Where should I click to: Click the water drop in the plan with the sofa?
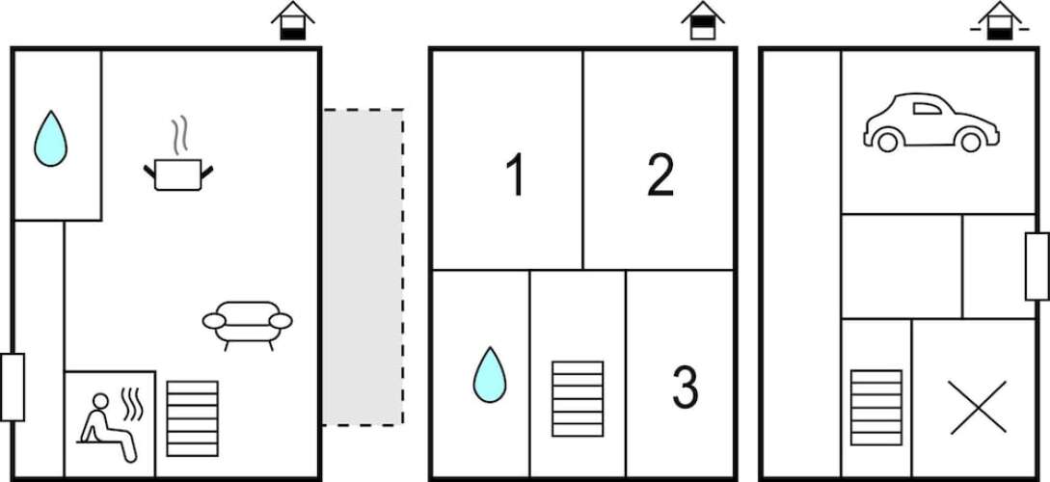pos(51,139)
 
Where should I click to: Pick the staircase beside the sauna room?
pos(192,418)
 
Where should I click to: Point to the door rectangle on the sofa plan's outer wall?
pos(13,387)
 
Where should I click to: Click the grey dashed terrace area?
pos(363,267)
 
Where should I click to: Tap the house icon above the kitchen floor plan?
pos(293,21)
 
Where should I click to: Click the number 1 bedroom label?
pos(515,174)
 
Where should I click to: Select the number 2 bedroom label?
pos(660,174)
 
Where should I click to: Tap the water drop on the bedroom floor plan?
pos(490,375)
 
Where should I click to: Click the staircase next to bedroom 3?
pos(578,399)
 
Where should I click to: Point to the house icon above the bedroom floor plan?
pos(703,21)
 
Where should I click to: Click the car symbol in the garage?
pos(930,122)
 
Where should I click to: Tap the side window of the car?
pos(928,108)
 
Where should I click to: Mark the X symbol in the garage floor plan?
pos(977,407)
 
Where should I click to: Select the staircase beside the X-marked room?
pos(875,407)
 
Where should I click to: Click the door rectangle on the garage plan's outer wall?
pos(1037,266)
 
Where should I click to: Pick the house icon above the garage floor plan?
pos(999,21)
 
